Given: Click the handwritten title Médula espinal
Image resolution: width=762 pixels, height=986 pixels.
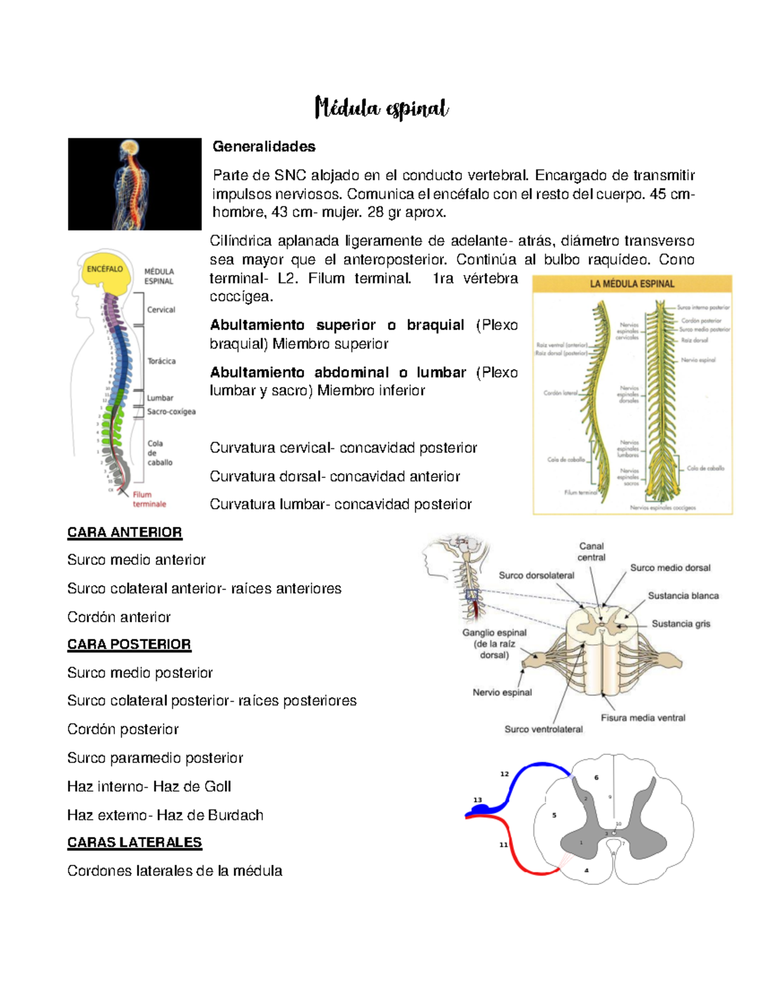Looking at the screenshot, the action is point(382,109).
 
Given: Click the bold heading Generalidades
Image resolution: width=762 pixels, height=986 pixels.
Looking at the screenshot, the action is point(264,147).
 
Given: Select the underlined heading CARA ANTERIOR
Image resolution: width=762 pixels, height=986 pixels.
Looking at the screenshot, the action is point(124,532).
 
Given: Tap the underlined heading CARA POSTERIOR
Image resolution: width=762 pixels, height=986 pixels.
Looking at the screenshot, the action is point(129,644).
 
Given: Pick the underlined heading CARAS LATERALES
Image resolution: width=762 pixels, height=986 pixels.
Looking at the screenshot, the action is point(135,843).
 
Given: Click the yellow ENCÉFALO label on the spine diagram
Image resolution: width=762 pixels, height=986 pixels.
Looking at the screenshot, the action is point(105,269).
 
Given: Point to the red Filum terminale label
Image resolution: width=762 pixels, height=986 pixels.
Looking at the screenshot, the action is point(149,499).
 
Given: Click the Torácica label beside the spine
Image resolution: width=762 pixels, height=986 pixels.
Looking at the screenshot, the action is point(161,361).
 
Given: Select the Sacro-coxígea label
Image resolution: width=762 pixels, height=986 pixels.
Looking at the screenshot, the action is point(171,411).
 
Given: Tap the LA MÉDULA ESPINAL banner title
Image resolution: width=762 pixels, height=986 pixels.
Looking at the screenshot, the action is point(632,284).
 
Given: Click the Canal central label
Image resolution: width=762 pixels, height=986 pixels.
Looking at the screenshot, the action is point(591,552).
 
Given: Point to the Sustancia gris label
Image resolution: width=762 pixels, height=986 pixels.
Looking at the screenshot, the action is point(681,624).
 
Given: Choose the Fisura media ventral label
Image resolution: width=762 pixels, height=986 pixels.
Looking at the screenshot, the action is point(643,718).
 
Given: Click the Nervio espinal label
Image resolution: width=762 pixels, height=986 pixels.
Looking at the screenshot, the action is point(502,693).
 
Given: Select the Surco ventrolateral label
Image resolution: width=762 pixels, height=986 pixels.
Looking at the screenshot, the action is point(544,730).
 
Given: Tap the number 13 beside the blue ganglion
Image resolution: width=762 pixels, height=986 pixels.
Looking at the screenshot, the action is point(478,800).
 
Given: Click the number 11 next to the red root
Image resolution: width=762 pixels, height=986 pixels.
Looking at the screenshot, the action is point(504,845).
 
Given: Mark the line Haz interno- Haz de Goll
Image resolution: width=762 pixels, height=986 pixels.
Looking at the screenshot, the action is point(149,787).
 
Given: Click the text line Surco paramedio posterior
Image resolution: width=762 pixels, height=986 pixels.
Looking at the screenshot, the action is point(155,758).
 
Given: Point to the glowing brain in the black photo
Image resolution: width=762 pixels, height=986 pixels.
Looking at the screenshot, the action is point(130,147).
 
